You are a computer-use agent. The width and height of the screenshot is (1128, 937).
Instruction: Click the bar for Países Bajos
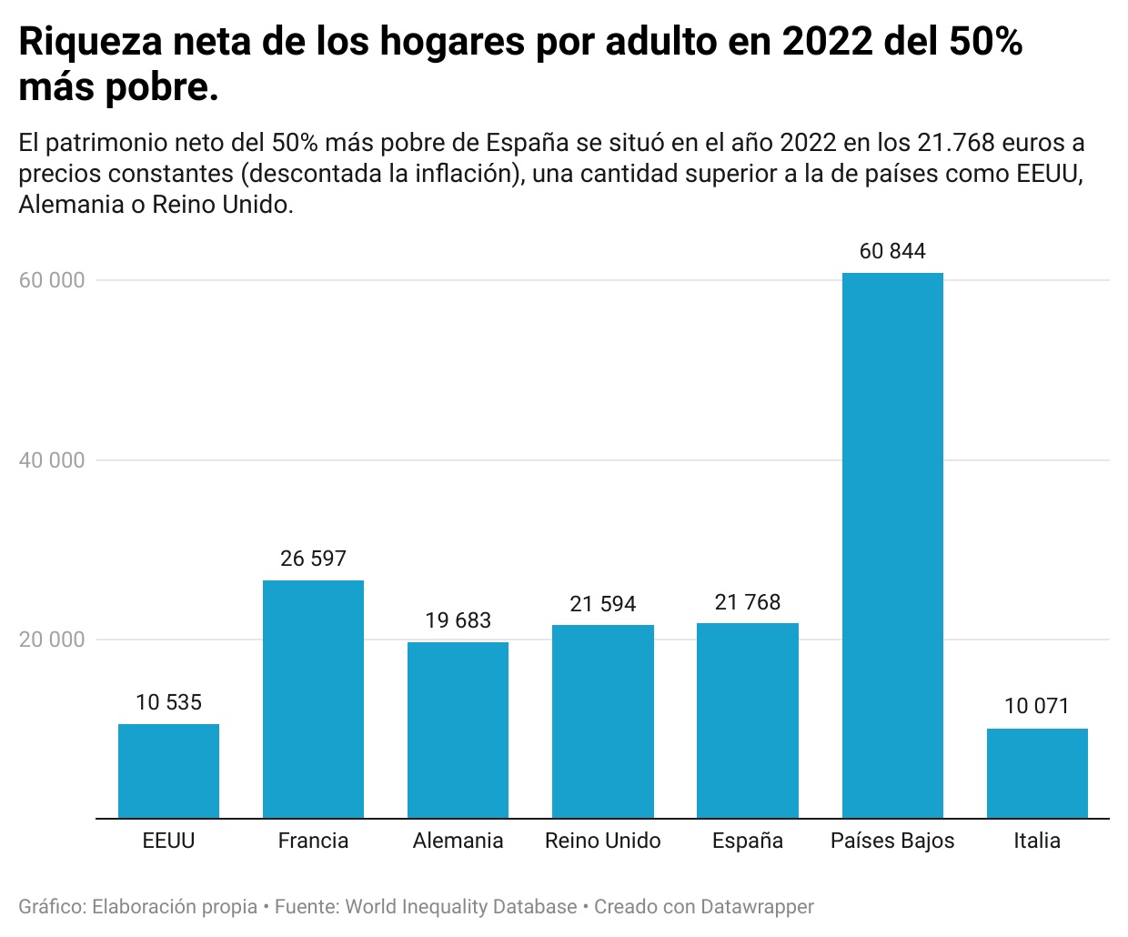tap(891, 545)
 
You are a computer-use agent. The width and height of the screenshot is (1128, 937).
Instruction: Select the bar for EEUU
tap(168, 771)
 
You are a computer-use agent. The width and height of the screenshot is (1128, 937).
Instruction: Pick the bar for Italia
tap(1036, 772)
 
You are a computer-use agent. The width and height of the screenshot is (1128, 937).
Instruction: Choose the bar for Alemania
tap(458, 730)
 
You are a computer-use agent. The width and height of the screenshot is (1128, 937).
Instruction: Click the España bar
tap(747, 720)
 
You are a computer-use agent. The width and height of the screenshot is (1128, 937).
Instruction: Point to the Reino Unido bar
tap(602, 721)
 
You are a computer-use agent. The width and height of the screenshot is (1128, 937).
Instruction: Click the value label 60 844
tap(891, 251)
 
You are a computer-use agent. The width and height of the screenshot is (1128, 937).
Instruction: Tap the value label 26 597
tap(313, 559)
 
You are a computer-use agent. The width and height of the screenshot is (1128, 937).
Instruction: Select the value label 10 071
tap(1036, 706)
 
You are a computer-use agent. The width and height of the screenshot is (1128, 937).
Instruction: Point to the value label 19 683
tap(458, 620)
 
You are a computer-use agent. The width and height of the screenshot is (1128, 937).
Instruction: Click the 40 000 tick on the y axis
tap(52, 460)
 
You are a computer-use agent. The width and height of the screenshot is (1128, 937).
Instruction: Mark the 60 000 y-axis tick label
tap(52, 280)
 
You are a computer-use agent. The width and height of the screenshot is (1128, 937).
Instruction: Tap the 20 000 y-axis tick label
tap(52, 640)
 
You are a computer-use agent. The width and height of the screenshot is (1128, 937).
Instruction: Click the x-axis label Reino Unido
tap(602, 841)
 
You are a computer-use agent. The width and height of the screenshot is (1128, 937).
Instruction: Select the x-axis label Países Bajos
tap(891, 841)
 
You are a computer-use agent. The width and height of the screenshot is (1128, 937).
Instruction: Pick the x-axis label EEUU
tap(168, 841)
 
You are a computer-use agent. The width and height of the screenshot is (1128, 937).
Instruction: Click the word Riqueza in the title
tap(90, 43)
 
